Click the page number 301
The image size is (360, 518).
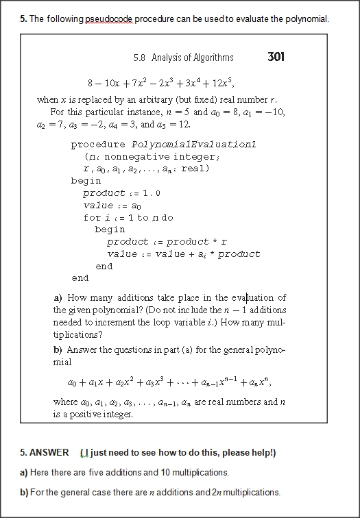pyautogui.click(x=275, y=57)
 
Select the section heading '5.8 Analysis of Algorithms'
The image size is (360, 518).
pyautogui.click(x=183, y=58)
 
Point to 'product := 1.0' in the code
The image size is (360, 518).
pyautogui.click(x=121, y=193)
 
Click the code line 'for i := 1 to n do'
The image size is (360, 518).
pyautogui.click(x=128, y=217)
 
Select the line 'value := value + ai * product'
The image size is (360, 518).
pyautogui.click(x=184, y=254)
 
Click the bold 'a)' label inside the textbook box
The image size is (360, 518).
pyautogui.click(x=58, y=297)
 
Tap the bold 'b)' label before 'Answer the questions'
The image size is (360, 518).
pyautogui.click(x=58, y=350)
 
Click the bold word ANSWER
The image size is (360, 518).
pyautogui.click(x=49, y=453)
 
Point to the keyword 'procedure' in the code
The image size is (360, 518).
pyautogui.click(x=98, y=145)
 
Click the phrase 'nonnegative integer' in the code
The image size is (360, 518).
pyautogui.click(x=150, y=156)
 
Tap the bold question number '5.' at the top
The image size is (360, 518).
pyautogui.click(x=24, y=18)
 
